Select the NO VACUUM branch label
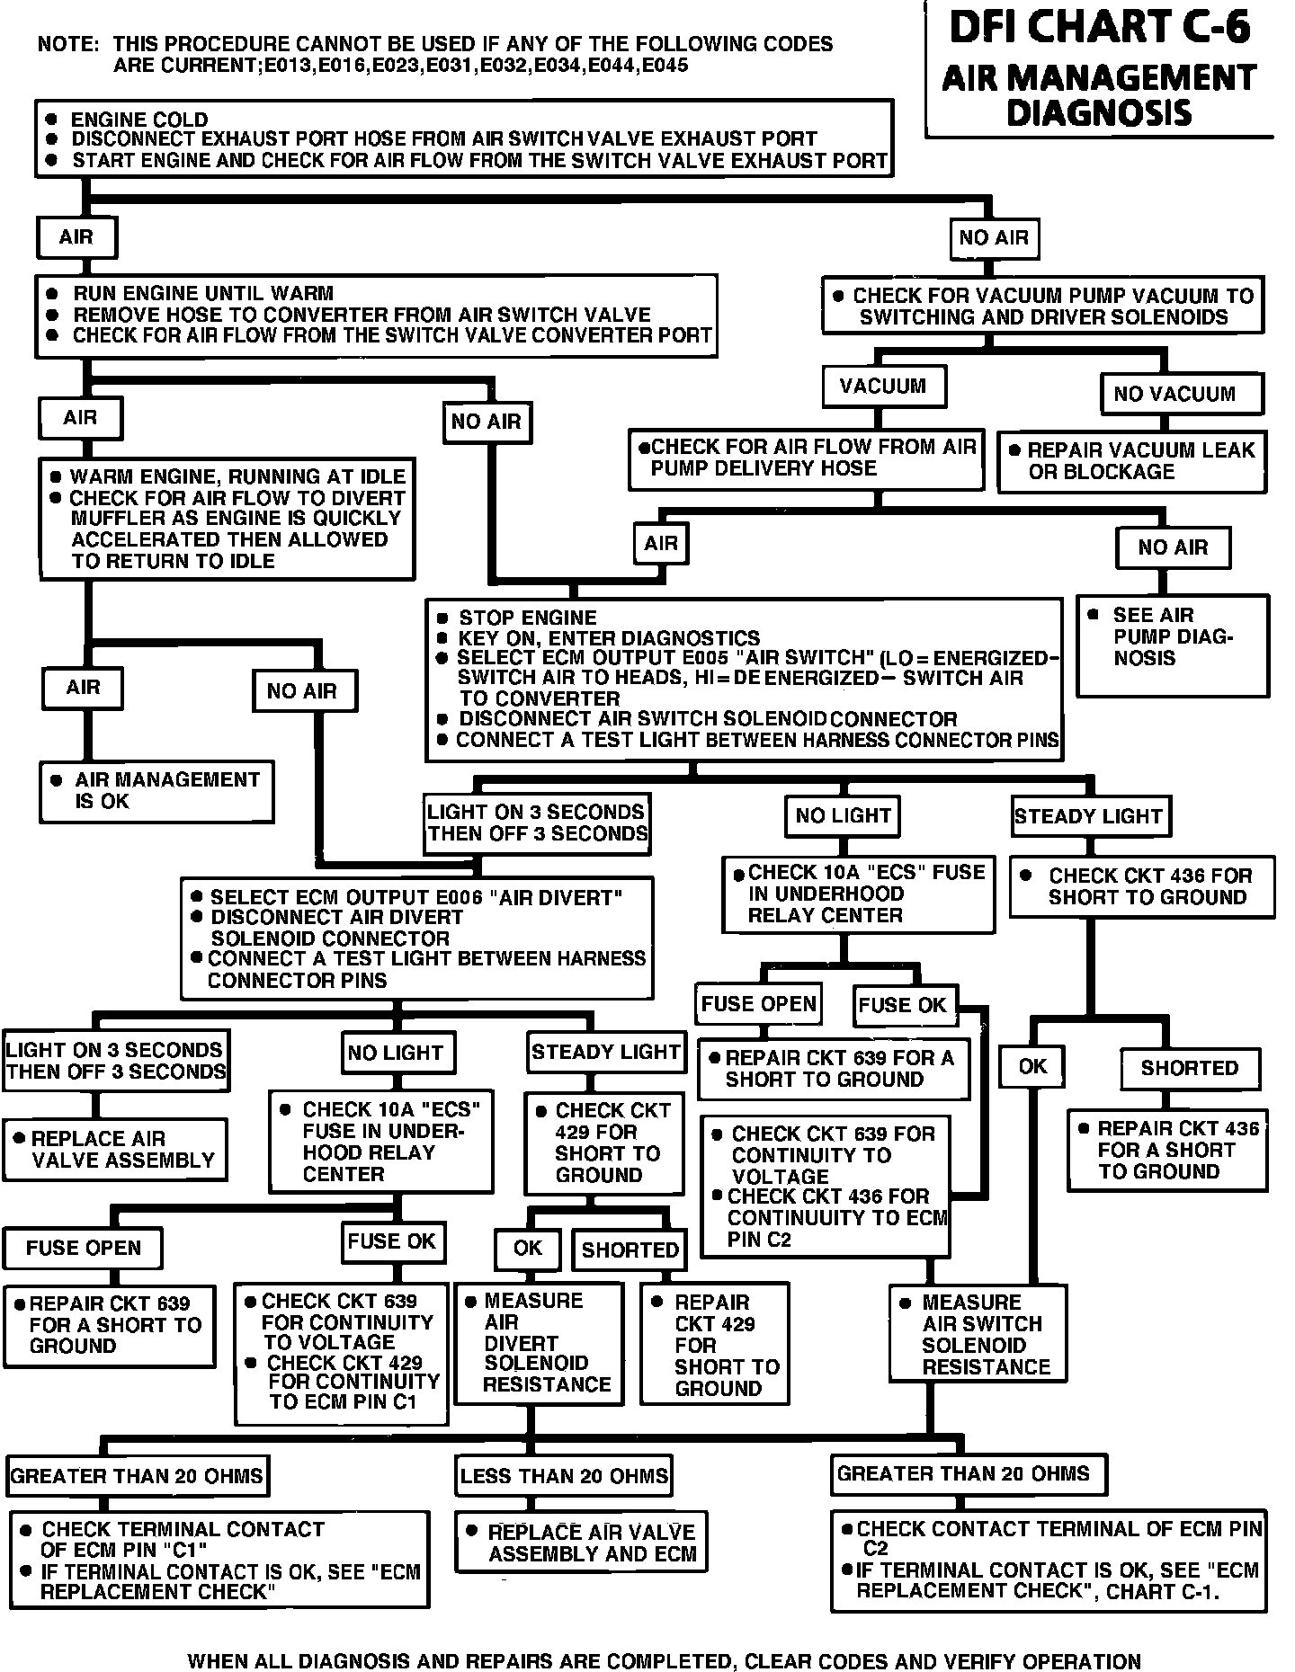(x=1174, y=394)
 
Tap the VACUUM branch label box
(x=883, y=387)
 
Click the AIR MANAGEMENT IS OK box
(x=156, y=791)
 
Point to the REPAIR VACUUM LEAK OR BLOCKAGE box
(x=1131, y=461)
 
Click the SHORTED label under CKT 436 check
(x=1189, y=1068)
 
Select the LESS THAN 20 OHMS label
(x=564, y=1476)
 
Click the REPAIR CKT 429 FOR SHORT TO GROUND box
(x=714, y=1345)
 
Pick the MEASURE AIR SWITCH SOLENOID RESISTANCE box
(x=978, y=1334)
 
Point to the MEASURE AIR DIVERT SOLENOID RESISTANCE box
(x=538, y=1343)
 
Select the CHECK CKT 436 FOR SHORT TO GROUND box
(x=1142, y=886)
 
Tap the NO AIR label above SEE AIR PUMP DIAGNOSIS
(x=1173, y=547)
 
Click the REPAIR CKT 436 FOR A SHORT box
(x=1167, y=1151)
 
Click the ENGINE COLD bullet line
(x=139, y=120)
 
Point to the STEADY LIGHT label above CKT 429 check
(x=605, y=1052)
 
